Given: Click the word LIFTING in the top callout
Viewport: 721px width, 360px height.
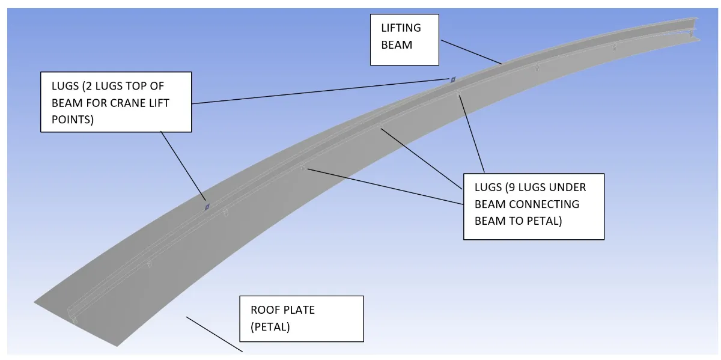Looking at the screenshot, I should tap(401, 28).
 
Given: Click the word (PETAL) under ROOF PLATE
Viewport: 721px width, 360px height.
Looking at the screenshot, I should tap(272, 327).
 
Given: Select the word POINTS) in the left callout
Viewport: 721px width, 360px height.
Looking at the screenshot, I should tap(73, 120).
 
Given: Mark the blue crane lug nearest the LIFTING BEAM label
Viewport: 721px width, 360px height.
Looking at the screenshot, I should tap(454, 79).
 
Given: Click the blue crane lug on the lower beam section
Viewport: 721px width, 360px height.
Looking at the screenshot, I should tap(207, 206).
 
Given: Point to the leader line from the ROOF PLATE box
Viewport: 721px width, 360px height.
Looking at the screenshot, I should tap(214, 334).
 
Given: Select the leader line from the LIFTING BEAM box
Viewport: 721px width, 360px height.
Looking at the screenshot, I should tap(470, 52).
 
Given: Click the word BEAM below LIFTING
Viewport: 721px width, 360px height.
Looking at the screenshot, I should tap(397, 44).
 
